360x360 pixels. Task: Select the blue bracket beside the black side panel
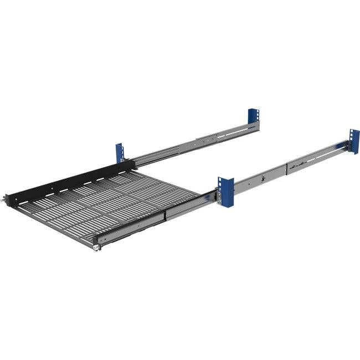(119, 153)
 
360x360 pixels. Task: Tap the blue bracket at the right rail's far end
(354, 141)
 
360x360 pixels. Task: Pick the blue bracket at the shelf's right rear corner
(225, 192)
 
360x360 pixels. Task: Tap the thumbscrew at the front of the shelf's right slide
(96, 245)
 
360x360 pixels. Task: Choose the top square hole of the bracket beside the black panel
(119, 147)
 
